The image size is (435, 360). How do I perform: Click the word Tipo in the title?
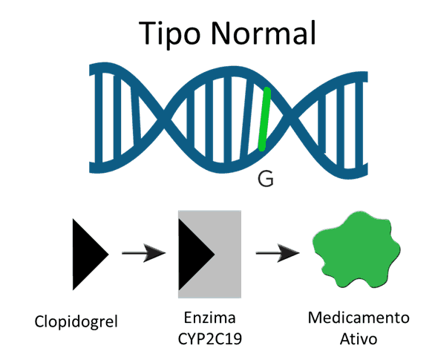[169, 34]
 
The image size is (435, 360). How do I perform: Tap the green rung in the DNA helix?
[264, 119]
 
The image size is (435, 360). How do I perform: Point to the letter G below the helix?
[266, 179]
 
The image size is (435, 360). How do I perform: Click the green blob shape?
[356, 250]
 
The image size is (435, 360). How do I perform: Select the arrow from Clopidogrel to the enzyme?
[144, 252]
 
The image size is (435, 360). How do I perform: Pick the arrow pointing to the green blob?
[278, 252]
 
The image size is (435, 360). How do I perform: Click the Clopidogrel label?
[76, 321]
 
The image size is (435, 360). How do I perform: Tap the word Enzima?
[210, 318]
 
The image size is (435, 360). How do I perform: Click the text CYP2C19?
[210, 338]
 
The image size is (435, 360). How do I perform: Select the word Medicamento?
[359, 318]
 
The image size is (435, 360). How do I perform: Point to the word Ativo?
[359, 338]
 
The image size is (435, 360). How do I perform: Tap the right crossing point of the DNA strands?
[290, 117]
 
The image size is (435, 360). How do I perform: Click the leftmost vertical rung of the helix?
[99, 118]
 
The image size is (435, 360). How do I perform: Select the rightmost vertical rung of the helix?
[359, 123]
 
